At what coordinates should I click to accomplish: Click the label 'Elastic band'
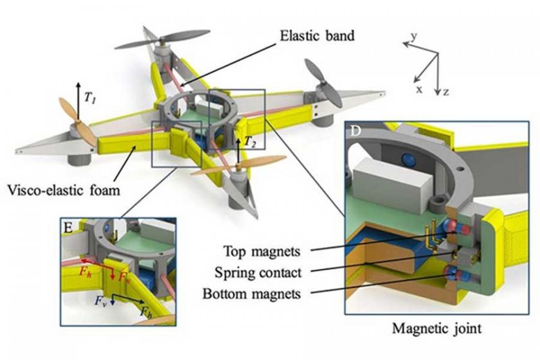pyautogui.click(x=317, y=35)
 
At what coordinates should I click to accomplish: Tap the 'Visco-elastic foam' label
pyautogui.click(x=64, y=190)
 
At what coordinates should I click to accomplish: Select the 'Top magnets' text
pyautogui.click(x=262, y=251)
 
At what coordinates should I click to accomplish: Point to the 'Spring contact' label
pyautogui.click(x=258, y=273)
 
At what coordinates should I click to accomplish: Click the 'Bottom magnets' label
pyautogui.click(x=252, y=294)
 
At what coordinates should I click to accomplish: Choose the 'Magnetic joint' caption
pyautogui.click(x=437, y=328)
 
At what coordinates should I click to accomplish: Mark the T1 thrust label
pyautogui.click(x=90, y=99)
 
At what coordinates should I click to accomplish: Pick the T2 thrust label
pyautogui.click(x=250, y=142)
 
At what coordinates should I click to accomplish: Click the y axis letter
pyautogui.click(x=414, y=37)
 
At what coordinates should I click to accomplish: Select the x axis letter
pyautogui.click(x=419, y=89)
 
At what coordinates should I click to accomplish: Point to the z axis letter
pyautogui.click(x=446, y=92)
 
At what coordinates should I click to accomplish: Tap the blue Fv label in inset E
pyautogui.click(x=100, y=300)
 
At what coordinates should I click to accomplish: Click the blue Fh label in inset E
pyautogui.click(x=147, y=311)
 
